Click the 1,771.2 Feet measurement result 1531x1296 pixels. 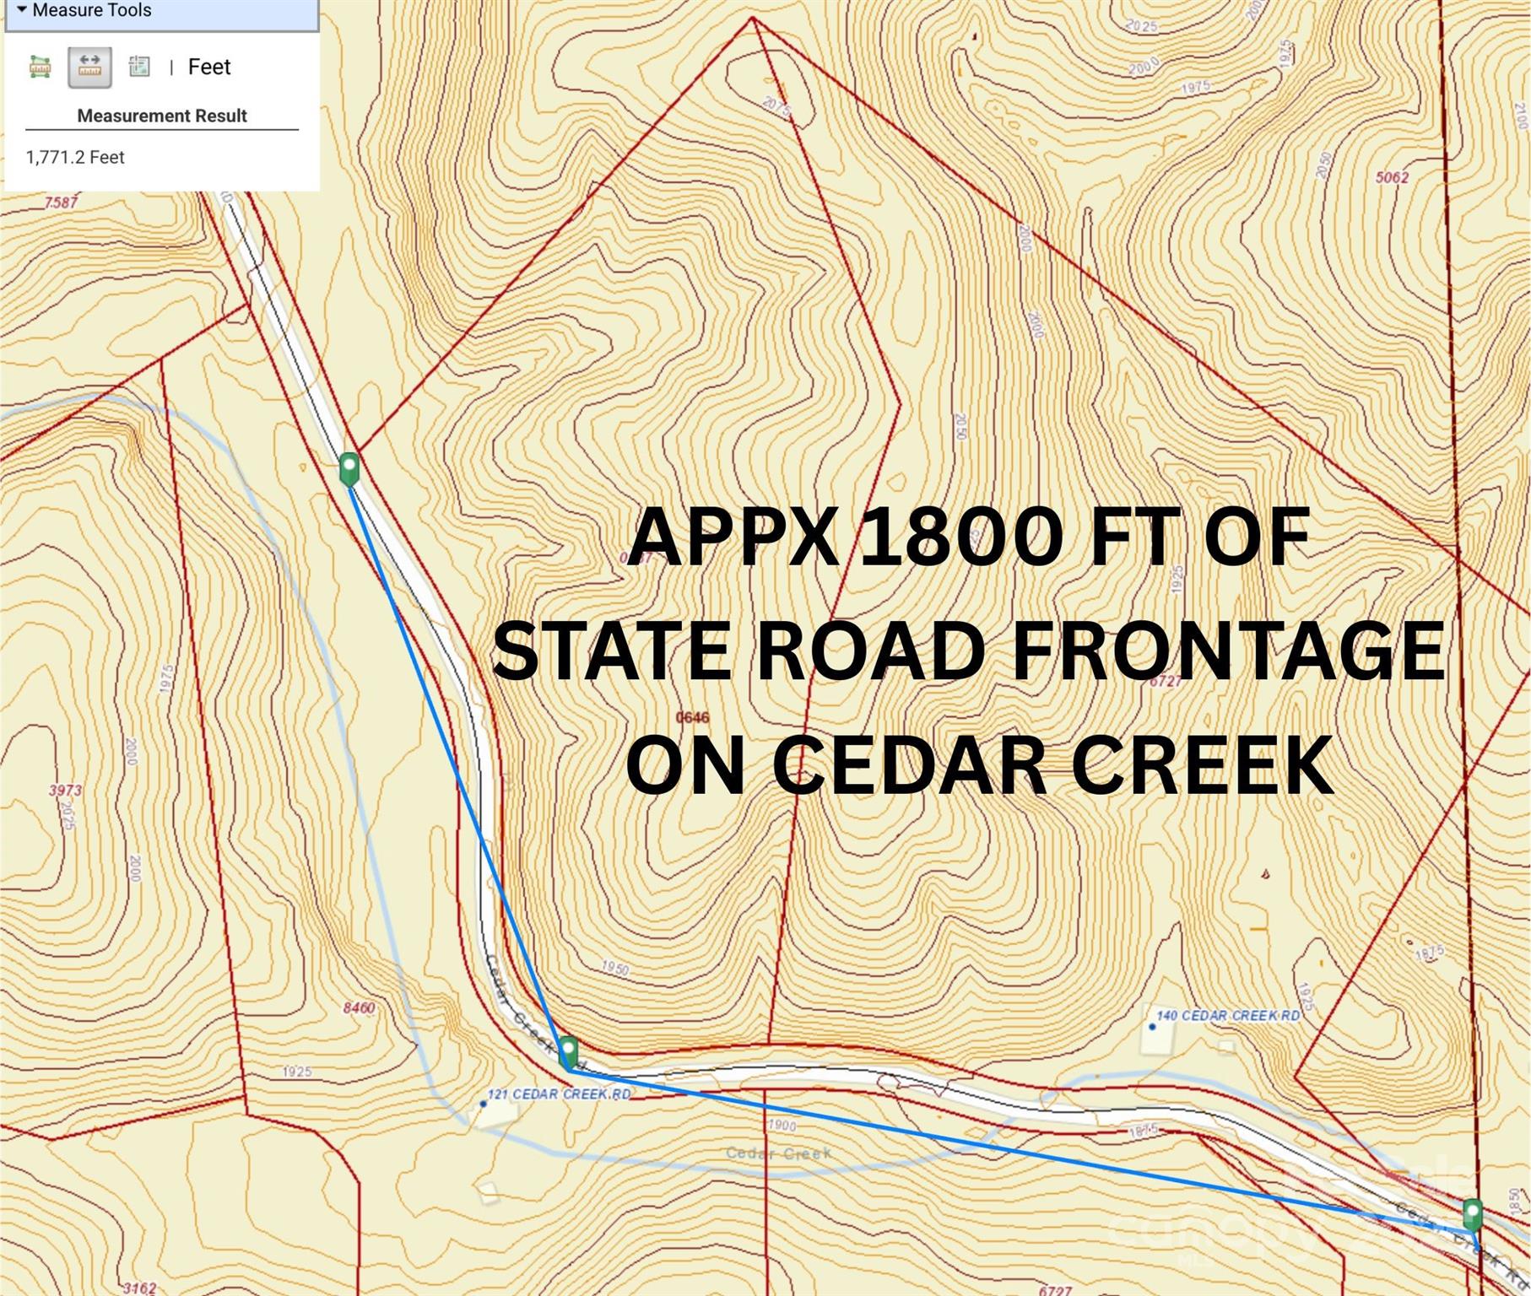click(x=75, y=158)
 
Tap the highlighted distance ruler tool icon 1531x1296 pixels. click(x=89, y=67)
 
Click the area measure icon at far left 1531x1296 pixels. click(x=40, y=67)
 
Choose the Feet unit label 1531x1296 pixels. click(x=208, y=67)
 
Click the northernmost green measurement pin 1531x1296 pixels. click(x=349, y=468)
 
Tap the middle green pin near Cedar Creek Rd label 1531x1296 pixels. click(x=569, y=1052)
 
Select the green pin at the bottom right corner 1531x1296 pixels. click(x=1472, y=1215)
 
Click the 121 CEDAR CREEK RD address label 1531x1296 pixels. click(x=558, y=1094)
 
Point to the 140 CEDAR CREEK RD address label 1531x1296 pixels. click(x=1227, y=1015)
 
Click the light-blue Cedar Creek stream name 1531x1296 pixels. click(x=778, y=1153)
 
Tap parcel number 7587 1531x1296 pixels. click(x=61, y=202)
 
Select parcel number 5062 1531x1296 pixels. click(x=1392, y=177)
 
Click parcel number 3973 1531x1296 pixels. click(x=65, y=791)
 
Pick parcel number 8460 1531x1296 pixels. click(x=359, y=1007)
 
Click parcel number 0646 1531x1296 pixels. click(x=692, y=717)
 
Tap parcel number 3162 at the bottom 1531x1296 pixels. click(x=138, y=1288)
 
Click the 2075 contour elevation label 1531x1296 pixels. click(x=777, y=106)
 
